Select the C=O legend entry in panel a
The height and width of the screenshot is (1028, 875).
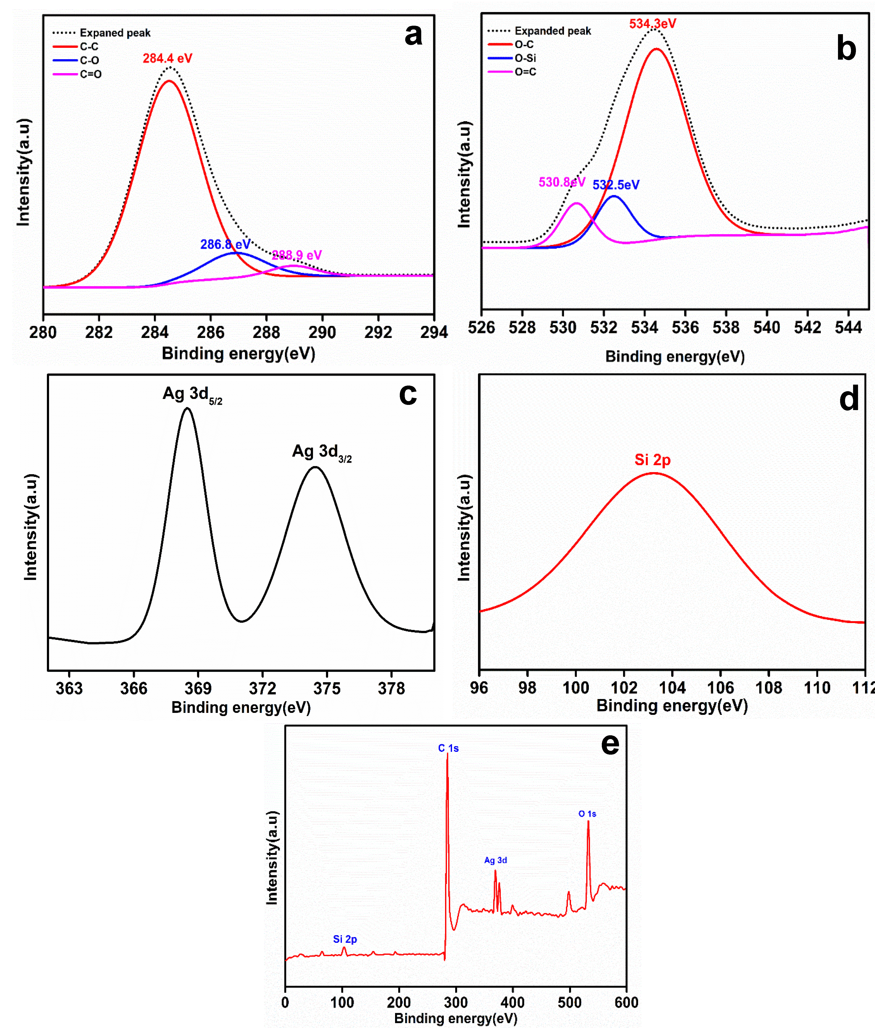click(x=90, y=74)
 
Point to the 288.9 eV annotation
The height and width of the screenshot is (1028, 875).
click(x=297, y=255)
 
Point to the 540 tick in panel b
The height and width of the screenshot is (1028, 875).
click(x=767, y=327)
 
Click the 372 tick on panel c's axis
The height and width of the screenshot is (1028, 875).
click(x=262, y=688)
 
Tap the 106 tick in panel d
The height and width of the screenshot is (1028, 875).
click(x=720, y=688)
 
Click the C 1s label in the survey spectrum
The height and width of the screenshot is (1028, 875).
click(x=448, y=748)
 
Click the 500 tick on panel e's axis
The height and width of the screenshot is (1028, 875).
click(x=570, y=1002)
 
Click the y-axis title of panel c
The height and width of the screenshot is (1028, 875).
click(x=31, y=527)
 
